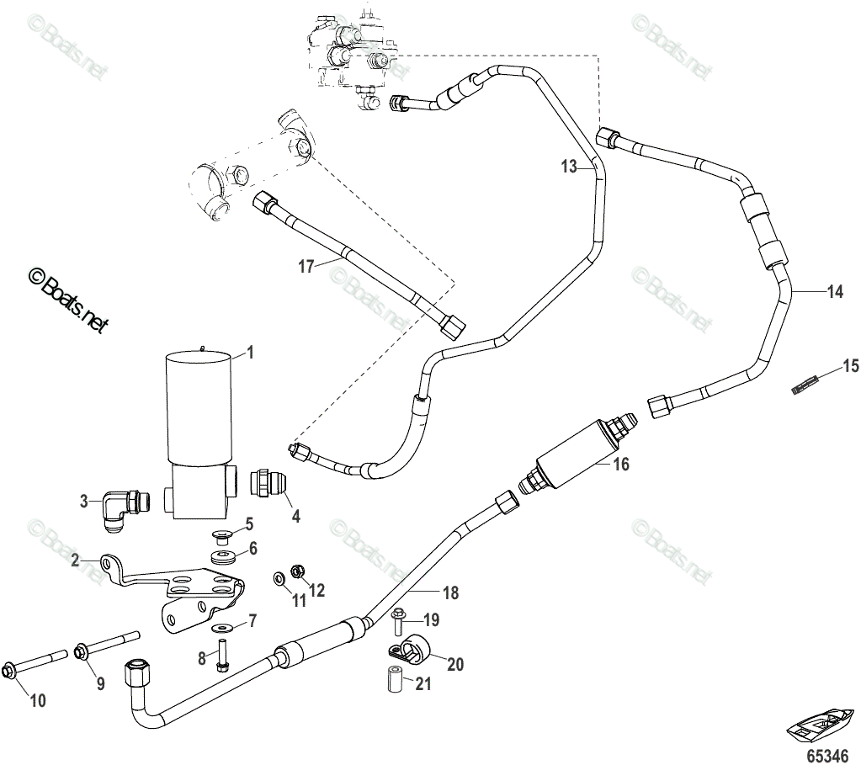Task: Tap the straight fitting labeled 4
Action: (268, 487)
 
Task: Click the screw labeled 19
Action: (398, 623)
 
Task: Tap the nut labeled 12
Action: (296, 571)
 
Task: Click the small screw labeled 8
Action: (223, 655)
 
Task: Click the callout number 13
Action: (570, 167)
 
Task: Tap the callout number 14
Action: (834, 292)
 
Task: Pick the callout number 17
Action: (306, 266)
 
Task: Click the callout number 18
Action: (450, 592)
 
